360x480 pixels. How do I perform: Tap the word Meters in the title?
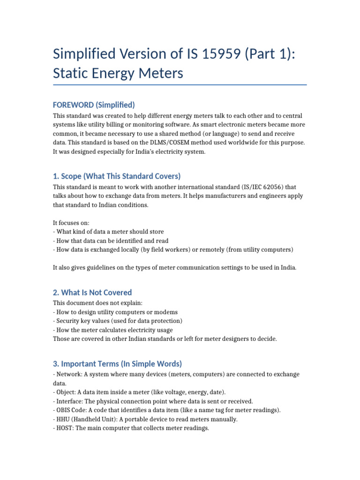(159, 74)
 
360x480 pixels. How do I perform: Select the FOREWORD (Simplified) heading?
(94, 104)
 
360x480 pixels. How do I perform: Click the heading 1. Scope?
(117, 176)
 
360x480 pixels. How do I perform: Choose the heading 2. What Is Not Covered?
(92, 292)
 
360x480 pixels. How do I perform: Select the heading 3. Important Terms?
(117, 364)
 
